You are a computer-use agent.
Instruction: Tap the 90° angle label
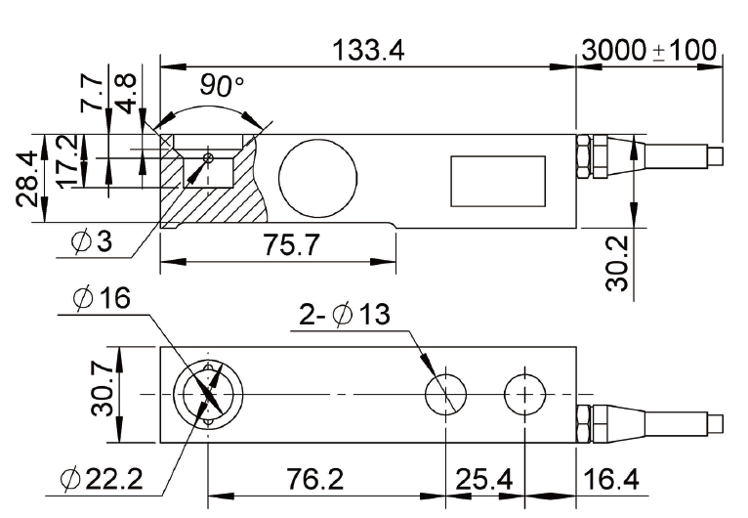point(221,86)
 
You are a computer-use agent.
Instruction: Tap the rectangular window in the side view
point(496,182)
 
